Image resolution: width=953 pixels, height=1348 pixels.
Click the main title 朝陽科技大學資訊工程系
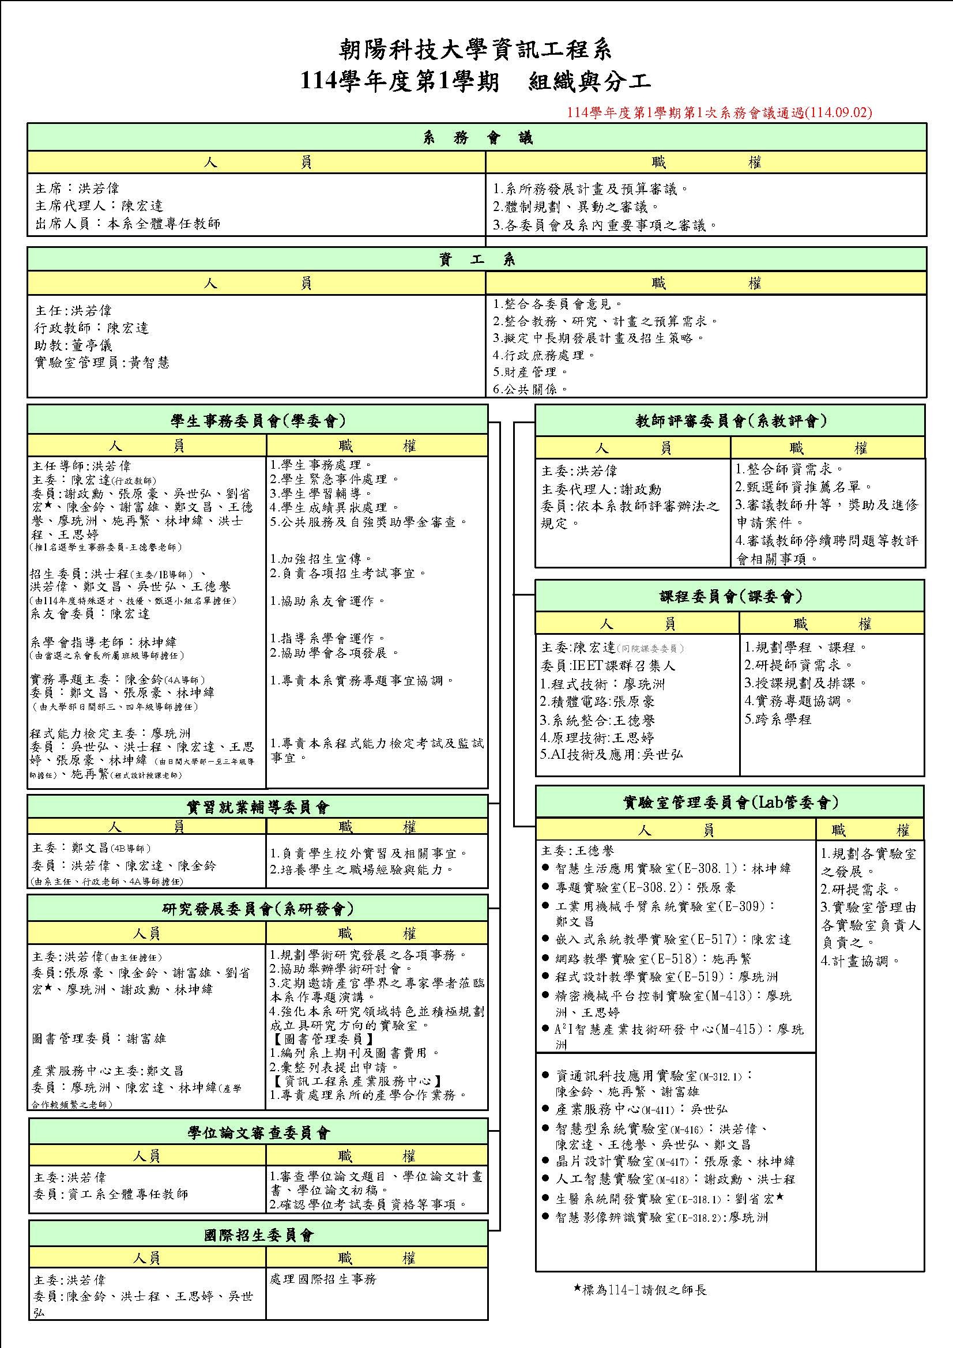(476, 51)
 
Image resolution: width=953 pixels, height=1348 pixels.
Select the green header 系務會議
(476, 137)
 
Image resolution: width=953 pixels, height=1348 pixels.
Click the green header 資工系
(476, 259)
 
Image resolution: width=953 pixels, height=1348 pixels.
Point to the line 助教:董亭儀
(73, 345)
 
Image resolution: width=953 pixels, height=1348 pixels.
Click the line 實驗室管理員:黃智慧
(102, 363)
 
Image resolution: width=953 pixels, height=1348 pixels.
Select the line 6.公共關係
(530, 389)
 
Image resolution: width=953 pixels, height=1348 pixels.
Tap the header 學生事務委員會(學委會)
(257, 420)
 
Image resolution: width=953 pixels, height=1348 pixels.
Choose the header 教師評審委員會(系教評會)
(730, 420)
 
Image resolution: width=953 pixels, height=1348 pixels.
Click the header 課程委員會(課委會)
(730, 597)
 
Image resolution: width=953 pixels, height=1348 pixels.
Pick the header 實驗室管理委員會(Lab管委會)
(730, 802)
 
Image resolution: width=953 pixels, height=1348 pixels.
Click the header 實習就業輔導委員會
(257, 807)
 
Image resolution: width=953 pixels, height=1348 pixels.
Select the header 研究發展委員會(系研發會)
(257, 909)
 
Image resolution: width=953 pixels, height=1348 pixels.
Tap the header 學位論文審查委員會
(258, 1132)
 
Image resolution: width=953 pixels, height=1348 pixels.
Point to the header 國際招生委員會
(258, 1235)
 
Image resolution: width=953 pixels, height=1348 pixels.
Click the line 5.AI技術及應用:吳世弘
(611, 755)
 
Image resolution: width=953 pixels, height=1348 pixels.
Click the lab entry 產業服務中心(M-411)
(641, 1109)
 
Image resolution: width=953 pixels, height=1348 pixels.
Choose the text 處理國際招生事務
(322, 1279)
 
